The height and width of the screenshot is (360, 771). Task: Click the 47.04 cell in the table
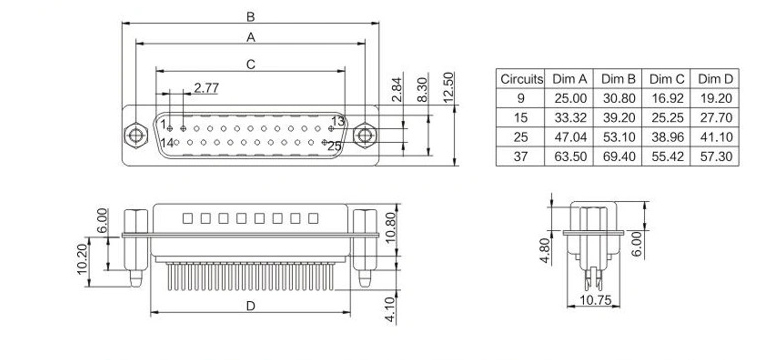point(570,137)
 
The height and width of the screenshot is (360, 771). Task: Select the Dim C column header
point(667,79)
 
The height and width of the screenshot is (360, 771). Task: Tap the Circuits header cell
point(522,79)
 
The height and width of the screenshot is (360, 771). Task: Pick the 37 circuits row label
point(520,157)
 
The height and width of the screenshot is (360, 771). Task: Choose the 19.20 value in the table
point(716,98)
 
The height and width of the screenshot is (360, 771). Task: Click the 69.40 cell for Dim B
point(619,157)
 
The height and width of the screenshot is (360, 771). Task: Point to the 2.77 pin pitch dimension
point(206,88)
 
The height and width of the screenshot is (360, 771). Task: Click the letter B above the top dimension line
point(251,17)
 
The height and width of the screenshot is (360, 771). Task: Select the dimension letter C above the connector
point(251,64)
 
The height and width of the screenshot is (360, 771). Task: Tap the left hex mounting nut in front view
point(136,135)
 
